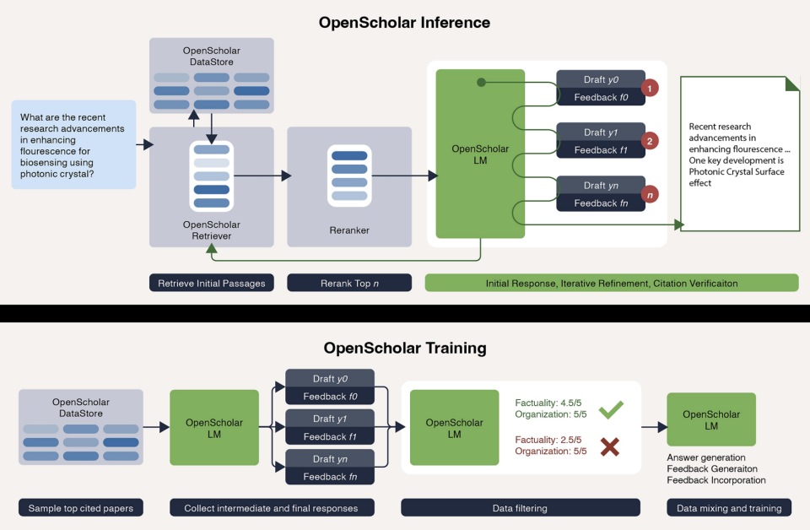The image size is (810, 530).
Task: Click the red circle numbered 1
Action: pyautogui.click(x=650, y=87)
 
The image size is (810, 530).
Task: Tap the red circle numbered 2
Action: pyautogui.click(x=650, y=140)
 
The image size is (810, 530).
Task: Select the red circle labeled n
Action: pyautogui.click(x=650, y=193)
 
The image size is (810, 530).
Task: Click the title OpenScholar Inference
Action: pyautogui.click(x=404, y=22)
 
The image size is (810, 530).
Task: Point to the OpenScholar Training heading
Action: pyautogui.click(x=405, y=348)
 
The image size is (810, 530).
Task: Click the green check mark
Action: pyautogui.click(x=610, y=410)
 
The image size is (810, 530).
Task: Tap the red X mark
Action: pyautogui.click(x=610, y=446)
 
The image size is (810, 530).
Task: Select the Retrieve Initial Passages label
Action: pyautogui.click(x=211, y=283)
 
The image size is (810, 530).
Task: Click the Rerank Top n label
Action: pyautogui.click(x=349, y=283)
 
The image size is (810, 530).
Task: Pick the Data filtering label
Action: pyautogui.click(x=520, y=508)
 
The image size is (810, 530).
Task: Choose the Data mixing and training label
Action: pyautogui.click(x=729, y=508)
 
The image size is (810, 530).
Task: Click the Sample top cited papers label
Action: pyautogui.click(x=81, y=508)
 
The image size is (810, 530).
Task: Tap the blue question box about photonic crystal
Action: pyautogui.click(x=74, y=144)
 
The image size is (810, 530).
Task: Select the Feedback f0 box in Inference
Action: pyautogui.click(x=601, y=96)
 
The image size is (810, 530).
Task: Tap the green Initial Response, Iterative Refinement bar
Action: pyautogui.click(x=612, y=283)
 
